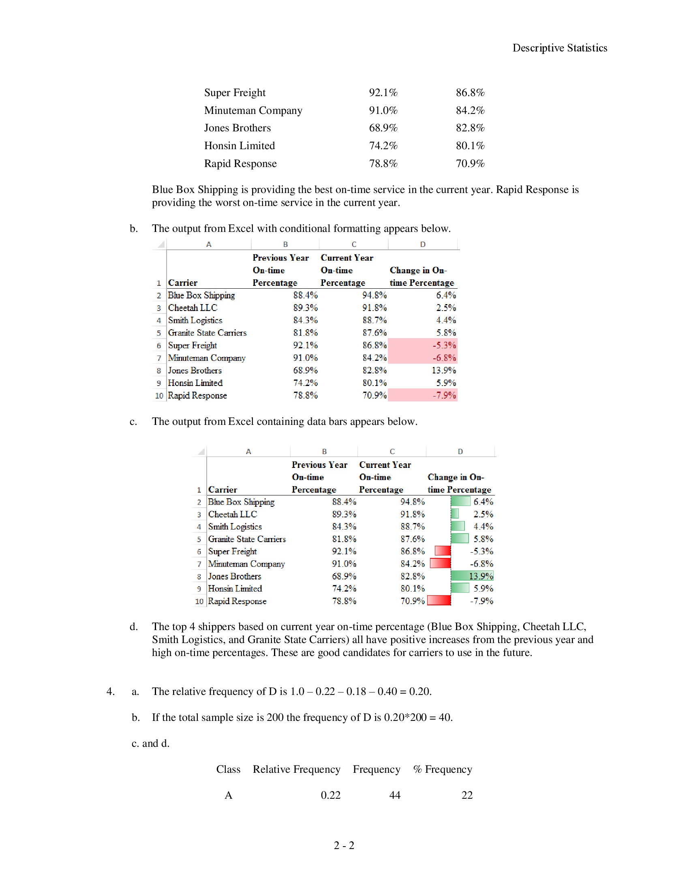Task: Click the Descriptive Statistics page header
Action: (x=559, y=48)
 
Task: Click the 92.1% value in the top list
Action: (x=383, y=93)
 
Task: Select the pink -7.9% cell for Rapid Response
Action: (x=422, y=395)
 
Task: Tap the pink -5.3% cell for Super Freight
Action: (x=422, y=345)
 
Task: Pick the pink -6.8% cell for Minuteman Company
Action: (x=422, y=358)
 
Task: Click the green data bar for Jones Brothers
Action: (x=472, y=576)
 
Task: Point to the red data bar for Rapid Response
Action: (x=439, y=601)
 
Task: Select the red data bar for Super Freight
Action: (x=443, y=551)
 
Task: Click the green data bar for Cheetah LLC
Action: (x=455, y=514)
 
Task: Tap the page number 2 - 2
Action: (x=344, y=845)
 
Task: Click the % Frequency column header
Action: (x=442, y=770)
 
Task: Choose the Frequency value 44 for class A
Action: (x=394, y=795)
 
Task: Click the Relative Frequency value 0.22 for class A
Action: (x=330, y=795)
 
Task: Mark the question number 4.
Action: (x=110, y=691)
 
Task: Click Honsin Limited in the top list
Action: (x=239, y=146)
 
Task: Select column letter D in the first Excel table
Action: (x=422, y=244)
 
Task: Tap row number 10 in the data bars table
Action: (x=199, y=601)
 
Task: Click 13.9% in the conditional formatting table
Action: (x=443, y=371)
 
